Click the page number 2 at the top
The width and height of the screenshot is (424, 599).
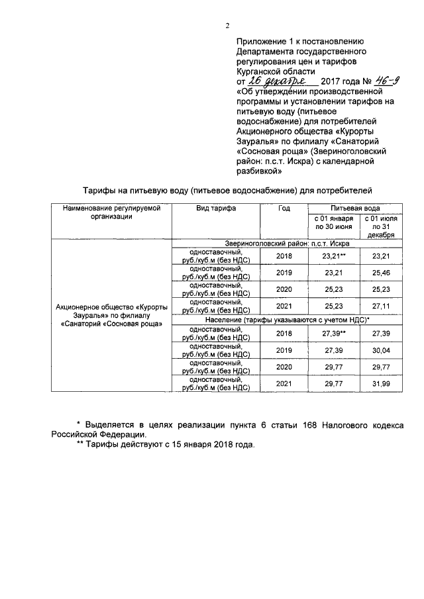tap(227, 26)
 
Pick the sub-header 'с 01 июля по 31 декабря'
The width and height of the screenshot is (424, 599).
tap(379, 226)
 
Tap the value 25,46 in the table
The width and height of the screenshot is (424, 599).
tap(380, 273)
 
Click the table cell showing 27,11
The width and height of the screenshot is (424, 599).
tap(380, 307)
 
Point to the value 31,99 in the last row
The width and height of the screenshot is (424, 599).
tap(380, 383)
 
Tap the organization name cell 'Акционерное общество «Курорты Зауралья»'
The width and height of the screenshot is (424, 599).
tap(112, 316)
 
